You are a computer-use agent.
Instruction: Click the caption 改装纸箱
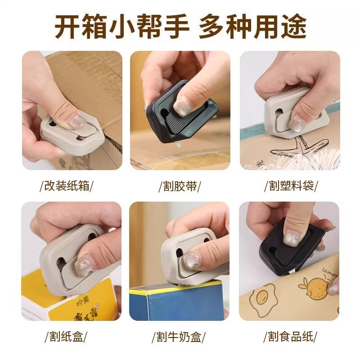67,186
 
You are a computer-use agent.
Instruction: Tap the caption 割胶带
180,186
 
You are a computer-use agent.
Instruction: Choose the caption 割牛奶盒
180,336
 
